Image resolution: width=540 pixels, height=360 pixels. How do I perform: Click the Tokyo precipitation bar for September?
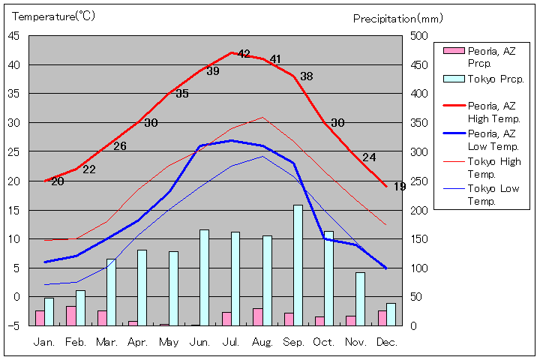[298, 265]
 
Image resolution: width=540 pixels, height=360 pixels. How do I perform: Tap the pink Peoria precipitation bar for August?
[257, 316]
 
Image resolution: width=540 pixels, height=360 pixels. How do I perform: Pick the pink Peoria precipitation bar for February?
[70, 316]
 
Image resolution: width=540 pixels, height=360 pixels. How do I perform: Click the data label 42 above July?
[244, 54]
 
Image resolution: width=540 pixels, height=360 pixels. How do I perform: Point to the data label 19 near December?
[400, 186]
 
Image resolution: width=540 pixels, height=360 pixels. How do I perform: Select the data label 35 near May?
[182, 94]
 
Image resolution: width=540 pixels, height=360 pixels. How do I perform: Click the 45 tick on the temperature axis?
[15, 36]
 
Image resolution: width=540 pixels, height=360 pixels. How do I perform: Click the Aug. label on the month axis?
[262, 342]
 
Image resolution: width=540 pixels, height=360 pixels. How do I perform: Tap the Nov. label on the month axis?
[355, 342]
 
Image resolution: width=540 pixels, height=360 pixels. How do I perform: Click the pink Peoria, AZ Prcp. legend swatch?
[453, 51]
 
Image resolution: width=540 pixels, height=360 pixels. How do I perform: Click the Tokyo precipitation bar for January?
[49, 311]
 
